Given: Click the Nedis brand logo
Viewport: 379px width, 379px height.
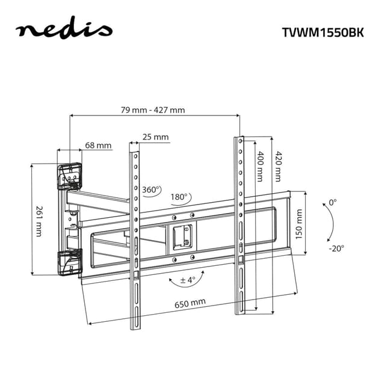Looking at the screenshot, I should pos(64,30).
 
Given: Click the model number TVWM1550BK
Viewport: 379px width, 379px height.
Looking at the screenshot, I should pos(323,32).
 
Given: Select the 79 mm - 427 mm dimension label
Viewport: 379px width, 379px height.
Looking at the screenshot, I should pos(152,109).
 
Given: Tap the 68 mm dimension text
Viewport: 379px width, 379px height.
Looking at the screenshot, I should pos(98,145).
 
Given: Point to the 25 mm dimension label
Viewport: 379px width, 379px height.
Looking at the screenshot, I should pos(156,137).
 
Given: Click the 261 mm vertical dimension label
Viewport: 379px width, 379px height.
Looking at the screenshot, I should pos(39,220).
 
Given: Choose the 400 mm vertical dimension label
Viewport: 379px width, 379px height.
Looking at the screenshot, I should pos(260,167).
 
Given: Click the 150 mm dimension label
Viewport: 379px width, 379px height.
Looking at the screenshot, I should pos(299,224).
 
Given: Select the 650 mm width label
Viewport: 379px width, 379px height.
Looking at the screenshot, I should pos(190,304).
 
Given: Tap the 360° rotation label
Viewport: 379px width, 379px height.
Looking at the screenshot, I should pos(152,189).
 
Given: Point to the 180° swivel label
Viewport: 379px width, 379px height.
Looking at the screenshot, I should pos(179,197).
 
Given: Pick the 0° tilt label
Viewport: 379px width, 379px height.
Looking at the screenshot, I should pos(333,203).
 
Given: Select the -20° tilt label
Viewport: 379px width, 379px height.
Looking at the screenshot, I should pos(336,248).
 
